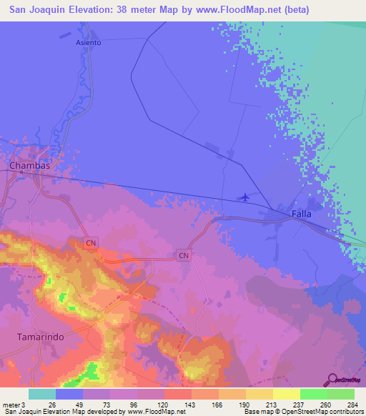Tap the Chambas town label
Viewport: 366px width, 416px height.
pyautogui.click(x=29, y=165)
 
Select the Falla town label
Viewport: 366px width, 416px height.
pyautogui.click(x=302, y=214)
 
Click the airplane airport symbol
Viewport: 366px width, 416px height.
pyautogui.click(x=246, y=197)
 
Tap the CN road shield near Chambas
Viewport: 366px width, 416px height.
pyautogui.click(x=90, y=244)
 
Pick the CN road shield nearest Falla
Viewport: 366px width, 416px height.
pyautogui.click(x=184, y=255)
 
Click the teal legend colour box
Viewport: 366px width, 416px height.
pyautogui.click(x=41, y=394)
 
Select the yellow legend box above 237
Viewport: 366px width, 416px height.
pyautogui.click(x=286, y=394)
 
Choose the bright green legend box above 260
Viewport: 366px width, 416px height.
pyautogui.click(x=313, y=394)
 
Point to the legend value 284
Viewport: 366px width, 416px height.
pyautogui.click(x=353, y=404)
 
